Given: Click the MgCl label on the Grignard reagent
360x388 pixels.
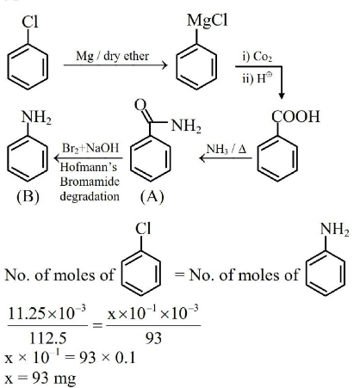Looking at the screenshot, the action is coord(208,21).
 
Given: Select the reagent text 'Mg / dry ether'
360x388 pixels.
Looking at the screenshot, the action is coord(112,56).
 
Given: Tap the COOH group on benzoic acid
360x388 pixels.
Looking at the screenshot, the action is coord(295,116).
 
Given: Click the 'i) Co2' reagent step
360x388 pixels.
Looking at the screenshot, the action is coord(257,57).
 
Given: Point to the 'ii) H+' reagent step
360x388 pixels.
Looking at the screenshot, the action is coord(257,77).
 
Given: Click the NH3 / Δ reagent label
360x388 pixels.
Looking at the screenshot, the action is coord(227,149).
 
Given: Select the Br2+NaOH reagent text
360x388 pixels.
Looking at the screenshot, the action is coord(90,148).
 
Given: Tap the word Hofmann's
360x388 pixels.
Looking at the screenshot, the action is coord(89,167).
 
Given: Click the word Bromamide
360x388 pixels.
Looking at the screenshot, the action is coord(90,182).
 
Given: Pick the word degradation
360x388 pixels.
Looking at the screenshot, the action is coord(90,196).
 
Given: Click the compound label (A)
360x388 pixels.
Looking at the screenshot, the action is coord(152,197).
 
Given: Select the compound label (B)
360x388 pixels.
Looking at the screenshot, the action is coord(28,197).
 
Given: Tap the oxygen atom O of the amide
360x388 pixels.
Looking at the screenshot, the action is coord(140,105).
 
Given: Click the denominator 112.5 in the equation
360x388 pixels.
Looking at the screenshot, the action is coord(47,338).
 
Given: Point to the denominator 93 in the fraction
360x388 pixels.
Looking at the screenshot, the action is coord(153,338).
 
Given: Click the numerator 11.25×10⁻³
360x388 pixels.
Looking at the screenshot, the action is coord(47,313).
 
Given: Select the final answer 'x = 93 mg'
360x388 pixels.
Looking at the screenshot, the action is coord(40,379).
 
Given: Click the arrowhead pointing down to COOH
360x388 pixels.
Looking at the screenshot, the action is coord(282,95).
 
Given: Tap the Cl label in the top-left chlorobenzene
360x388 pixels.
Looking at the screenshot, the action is coord(30,22).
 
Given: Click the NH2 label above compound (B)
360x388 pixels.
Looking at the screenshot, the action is coord(36,118).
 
